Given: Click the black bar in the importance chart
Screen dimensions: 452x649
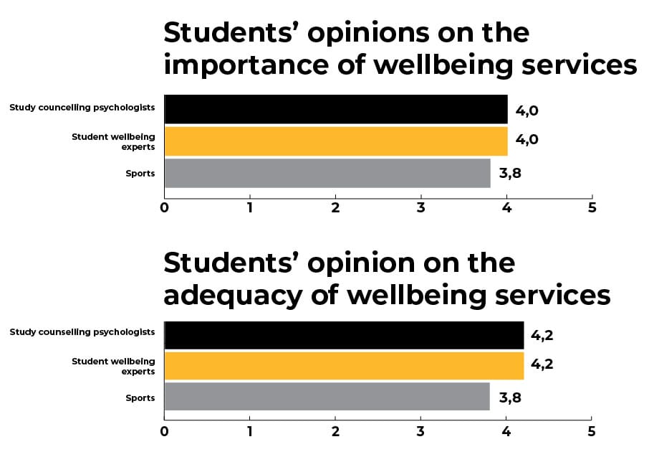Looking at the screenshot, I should pos(336,108).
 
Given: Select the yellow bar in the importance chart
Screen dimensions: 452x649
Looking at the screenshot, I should pos(336,141).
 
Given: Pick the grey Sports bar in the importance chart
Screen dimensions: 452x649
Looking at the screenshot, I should pos(327,173).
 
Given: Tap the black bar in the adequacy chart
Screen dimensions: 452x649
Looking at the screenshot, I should pos(344,335).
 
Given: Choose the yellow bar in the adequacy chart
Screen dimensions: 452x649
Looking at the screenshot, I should pos(344,365).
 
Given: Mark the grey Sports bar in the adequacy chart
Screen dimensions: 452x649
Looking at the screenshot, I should pos(327,397).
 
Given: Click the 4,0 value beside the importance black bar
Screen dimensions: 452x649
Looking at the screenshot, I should pos(527,112).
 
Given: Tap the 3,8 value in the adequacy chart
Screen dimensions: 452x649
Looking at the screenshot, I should pos(509,397).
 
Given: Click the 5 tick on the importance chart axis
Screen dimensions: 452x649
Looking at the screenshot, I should pos(592,208).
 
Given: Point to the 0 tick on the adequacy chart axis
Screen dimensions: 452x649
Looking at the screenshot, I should pos(165,432).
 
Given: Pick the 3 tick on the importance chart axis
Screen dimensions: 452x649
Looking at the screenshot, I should pos(421,208).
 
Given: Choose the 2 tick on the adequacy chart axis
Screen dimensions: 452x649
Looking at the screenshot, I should pos(336,432).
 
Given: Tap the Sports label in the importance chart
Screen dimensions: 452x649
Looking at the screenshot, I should pos(140,174).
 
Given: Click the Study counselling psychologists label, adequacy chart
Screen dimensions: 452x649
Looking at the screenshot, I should pos(82,332).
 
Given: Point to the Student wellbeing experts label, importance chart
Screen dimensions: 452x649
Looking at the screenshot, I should pos(113,141).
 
